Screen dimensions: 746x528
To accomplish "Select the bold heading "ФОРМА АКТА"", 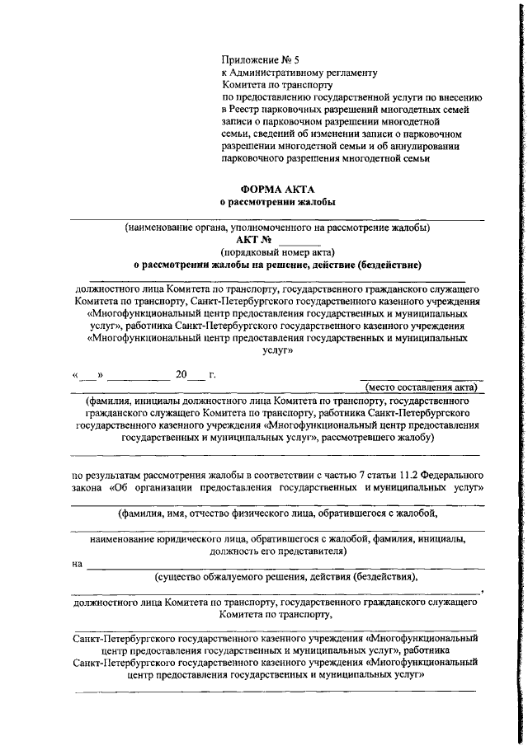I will click(278, 189).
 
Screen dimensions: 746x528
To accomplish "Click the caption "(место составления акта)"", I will click(421, 387).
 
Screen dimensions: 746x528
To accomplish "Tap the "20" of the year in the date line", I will click(181, 374).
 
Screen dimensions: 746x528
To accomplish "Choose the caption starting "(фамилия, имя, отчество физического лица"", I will click(277, 513).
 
